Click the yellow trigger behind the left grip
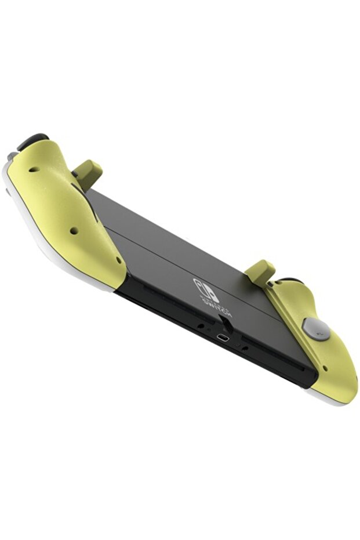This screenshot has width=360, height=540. click(88, 172)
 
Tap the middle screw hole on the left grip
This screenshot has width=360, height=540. click(73, 230)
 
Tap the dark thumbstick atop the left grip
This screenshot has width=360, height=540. click(32, 141)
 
